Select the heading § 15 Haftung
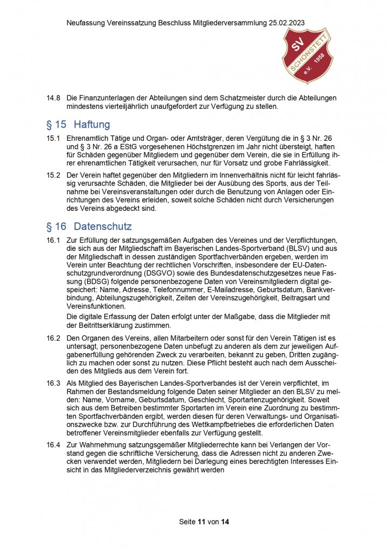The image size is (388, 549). (x=78, y=125)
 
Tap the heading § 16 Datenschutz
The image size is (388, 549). (x=89, y=227)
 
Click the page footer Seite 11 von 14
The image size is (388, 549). (x=204, y=522)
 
